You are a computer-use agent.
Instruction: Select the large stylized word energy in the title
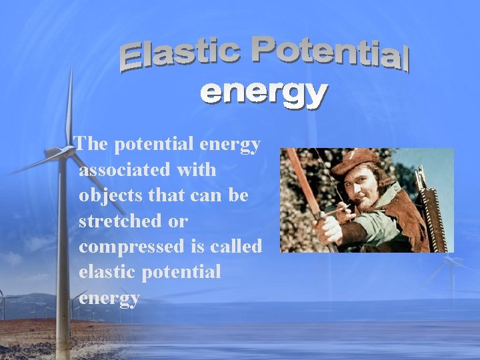(x=264, y=94)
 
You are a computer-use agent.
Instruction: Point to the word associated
(x=124, y=170)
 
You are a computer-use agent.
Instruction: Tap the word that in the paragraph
(x=171, y=195)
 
